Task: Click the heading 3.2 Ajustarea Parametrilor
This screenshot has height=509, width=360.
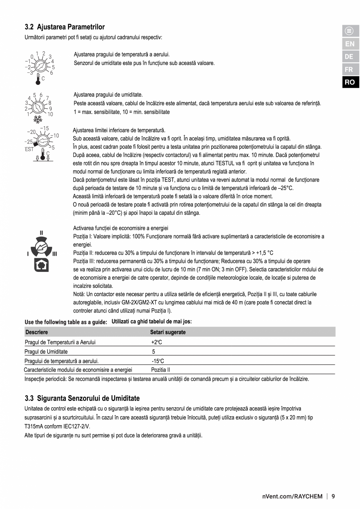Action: tap(65, 27)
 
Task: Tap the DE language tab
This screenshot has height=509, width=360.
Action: tap(349, 57)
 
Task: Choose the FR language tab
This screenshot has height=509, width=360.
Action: tap(349, 70)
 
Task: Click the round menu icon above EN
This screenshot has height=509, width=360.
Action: tap(349, 31)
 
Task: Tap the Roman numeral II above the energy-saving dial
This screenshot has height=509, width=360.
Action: tap(41, 233)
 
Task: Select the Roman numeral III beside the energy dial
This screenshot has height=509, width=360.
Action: tap(54, 254)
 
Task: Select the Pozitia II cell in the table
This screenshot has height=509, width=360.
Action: tap(160, 370)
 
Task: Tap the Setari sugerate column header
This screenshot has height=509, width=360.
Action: tap(168, 332)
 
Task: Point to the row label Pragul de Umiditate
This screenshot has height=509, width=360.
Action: tap(46, 352)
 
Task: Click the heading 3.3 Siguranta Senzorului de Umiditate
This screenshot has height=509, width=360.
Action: tap(82, 398)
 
